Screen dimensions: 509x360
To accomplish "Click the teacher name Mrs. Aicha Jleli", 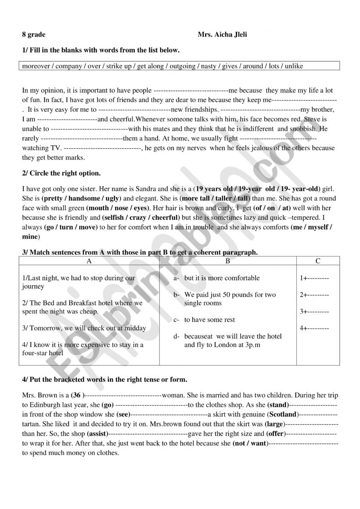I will [222, 35].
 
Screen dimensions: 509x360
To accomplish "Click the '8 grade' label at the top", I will [34, 35].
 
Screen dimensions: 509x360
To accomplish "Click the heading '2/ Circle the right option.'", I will [61, 173].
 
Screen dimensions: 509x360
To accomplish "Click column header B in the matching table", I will [228, 261].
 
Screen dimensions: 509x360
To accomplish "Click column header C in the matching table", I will [318, 261].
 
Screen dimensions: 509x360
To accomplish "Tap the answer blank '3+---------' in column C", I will [314, 311].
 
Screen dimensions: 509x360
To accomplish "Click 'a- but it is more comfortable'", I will [217, 278].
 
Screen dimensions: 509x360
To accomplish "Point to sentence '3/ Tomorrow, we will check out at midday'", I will [84, 328].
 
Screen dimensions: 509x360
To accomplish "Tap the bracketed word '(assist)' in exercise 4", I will [102, 434].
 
